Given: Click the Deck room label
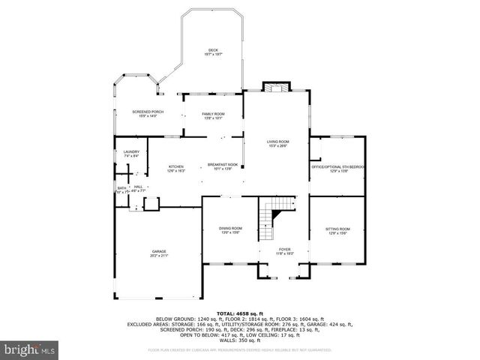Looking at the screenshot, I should [214, 51].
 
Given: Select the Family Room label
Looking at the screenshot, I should [213, 113].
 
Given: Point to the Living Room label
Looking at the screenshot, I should [278, 142].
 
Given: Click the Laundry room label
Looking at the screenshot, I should [131, 152].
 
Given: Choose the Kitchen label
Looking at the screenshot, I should [176, 166].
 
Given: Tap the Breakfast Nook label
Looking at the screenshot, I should [223, 164].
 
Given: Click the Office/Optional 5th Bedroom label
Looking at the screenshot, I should [338, 166].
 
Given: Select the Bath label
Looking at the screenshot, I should [121, 188].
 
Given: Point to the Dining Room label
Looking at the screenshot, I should [230, 228].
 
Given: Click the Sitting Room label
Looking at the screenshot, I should [337, 229].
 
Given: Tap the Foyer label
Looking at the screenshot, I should [284, 250].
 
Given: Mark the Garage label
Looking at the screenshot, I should [159, 251].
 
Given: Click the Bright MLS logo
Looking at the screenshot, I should [29, 349].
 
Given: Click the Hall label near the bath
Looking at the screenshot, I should [137, 187].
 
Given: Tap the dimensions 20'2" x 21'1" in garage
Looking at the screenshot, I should [159, 256].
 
